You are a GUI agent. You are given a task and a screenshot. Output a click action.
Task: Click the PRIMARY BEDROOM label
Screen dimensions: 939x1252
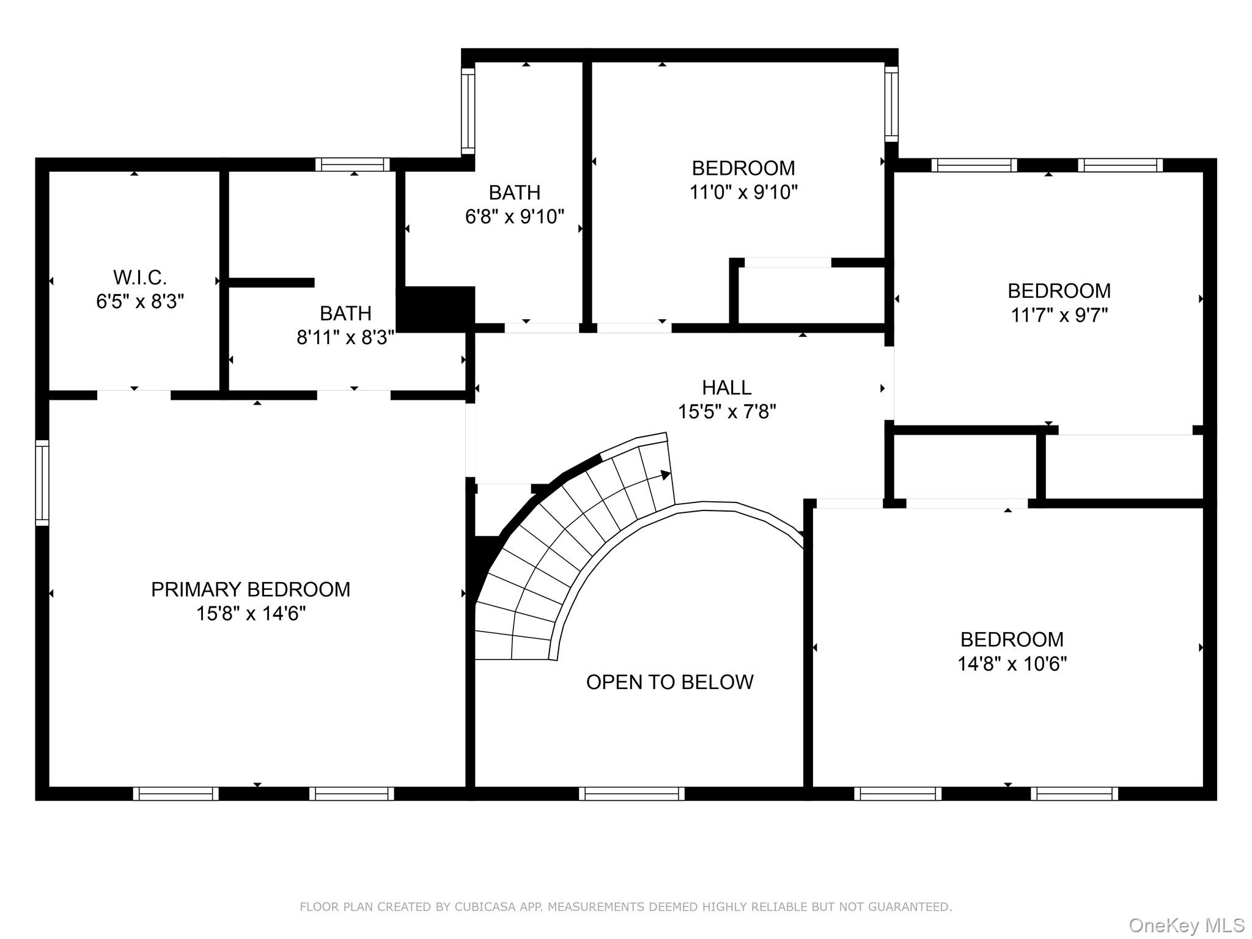[251, 589]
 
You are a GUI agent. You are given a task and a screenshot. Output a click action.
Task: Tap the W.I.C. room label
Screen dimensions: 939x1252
[140, 278]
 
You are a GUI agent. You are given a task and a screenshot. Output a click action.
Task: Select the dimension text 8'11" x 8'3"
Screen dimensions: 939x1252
[345, 337]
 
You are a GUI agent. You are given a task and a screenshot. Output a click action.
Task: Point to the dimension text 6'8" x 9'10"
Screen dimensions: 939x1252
[514, 216]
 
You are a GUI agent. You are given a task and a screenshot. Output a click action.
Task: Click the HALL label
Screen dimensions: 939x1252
[726, 388]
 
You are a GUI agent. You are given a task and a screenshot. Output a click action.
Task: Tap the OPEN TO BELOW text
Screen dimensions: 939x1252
[669, 682]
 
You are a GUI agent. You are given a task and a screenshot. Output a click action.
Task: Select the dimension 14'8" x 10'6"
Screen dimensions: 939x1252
[1012, 664]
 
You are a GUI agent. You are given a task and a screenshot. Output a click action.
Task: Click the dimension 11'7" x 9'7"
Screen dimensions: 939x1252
[1059, 315]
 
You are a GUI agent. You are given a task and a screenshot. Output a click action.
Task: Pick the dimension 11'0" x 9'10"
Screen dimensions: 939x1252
[743, 193]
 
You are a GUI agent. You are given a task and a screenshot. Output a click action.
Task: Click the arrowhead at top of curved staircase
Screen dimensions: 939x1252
[665, 475]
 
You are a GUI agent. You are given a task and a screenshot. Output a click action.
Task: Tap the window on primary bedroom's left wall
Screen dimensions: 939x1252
[42, 483]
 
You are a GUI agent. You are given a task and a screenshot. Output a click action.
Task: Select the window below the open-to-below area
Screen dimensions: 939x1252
[632, 794]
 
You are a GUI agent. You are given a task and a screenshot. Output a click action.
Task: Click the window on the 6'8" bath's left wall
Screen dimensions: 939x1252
[468, 111]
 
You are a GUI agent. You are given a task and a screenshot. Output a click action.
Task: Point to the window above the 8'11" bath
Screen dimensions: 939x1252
[353, 164]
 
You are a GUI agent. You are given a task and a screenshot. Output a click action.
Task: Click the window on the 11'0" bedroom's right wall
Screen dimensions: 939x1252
[891, 104]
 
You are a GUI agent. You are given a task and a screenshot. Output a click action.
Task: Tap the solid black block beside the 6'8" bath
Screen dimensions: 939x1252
[436, 309]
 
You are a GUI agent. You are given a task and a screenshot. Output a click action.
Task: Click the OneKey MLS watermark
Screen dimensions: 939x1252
[1186, 925]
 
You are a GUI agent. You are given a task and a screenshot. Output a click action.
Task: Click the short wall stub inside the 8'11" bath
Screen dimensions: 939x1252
[271, 282]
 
